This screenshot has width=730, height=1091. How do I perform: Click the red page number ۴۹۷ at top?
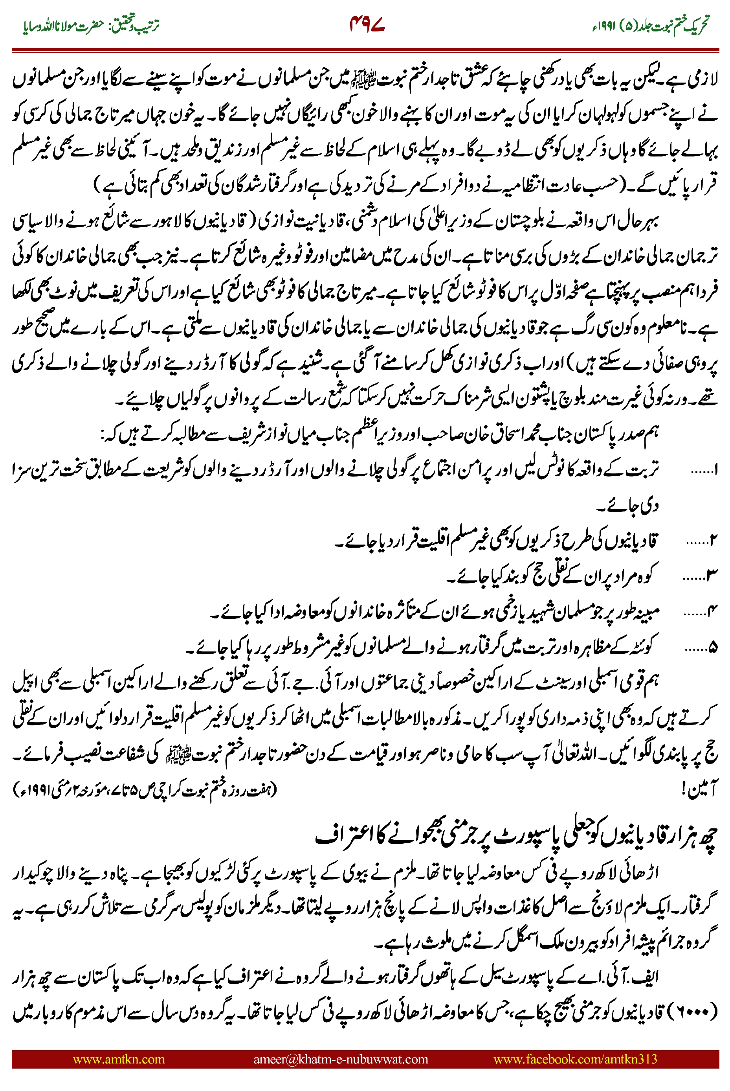[x=367, y=24]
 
